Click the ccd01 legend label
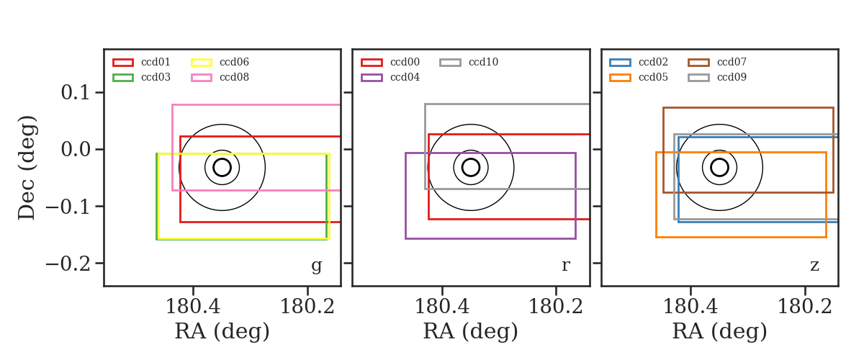pos(156,62)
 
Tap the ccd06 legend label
pos(234,62)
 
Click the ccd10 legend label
pos(483,62)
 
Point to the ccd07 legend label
pos(732,62)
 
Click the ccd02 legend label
pos(653,62)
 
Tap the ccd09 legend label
pos(732,77)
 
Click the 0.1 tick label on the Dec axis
pos(76,93)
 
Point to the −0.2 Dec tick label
pos(68,264)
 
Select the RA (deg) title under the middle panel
pos(471,331)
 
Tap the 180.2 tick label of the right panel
pos(805,307)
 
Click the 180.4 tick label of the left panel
pos(193,307)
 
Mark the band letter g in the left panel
pos(316,266)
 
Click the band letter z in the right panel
pos(814,266)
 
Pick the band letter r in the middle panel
pos(565,266)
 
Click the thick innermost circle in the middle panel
pos(471,159)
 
